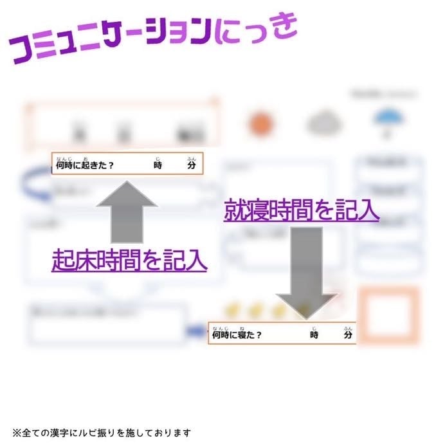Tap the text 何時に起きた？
86,165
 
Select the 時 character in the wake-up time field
158,165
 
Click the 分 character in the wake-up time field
191,165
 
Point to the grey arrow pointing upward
127,212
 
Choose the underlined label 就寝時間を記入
301,211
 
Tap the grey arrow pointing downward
306,270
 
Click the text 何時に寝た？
237,335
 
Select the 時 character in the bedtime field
314,335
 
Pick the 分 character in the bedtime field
347,335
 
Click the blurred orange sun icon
260,123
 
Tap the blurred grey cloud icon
325,123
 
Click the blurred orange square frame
388,315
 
